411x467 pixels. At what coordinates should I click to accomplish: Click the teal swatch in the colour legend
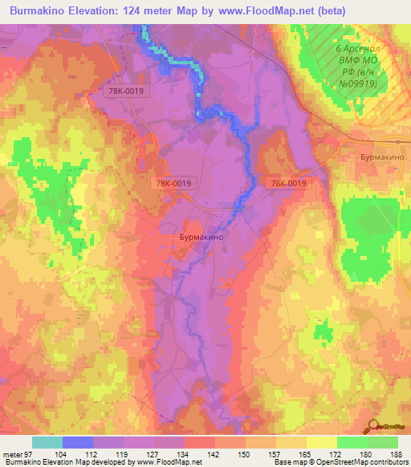point(47,442)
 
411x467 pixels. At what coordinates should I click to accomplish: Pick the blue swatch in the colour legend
point(78,442)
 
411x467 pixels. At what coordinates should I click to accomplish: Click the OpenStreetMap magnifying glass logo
point(372,427)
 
